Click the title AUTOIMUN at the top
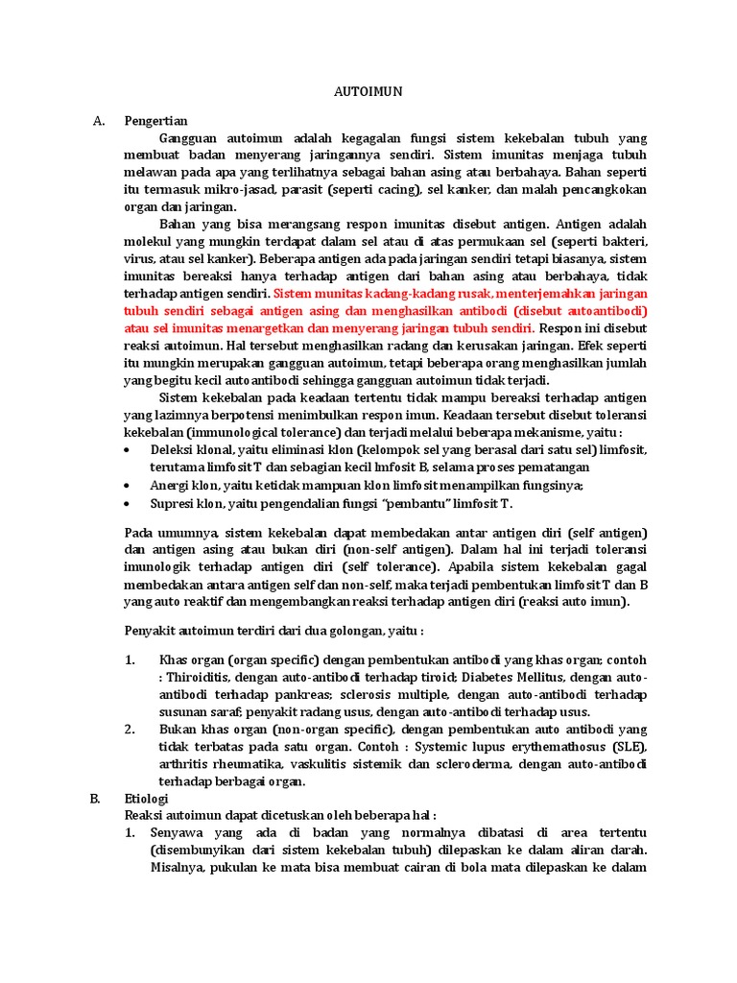click(x=368, y=92)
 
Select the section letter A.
click(x=97, y=121)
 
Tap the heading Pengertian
click(x=156, y=121)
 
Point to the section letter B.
click(x=97, y=798)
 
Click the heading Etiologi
click(x=147, y=798)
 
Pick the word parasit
click(x=299, y=190)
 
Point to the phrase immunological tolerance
click(x=246, y=432)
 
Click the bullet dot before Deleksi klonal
click(x=130, y=450)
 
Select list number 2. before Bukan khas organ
click(x=131, y=729)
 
